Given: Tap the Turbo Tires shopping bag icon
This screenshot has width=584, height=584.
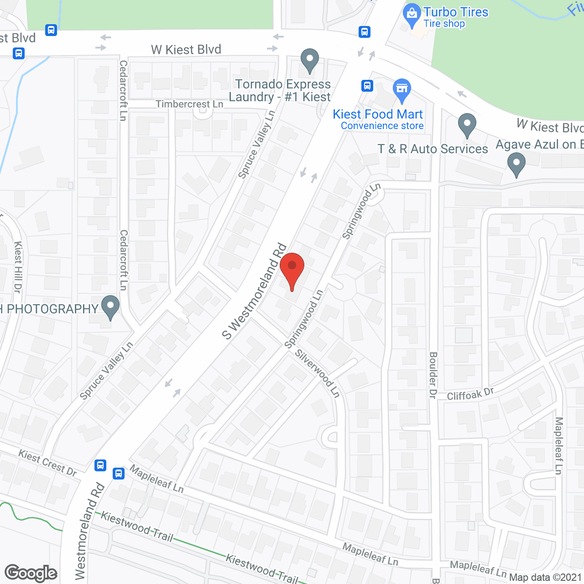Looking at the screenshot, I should coord(412,15).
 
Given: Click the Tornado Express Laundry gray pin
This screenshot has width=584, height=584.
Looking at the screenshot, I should coord(309,60).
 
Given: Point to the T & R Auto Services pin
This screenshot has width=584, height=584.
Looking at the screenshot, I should coord(467,125).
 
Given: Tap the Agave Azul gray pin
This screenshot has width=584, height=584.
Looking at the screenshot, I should coord(516,164).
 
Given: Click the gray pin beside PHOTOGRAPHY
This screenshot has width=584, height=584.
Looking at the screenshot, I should coord(110,307).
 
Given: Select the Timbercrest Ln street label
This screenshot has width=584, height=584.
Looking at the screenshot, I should coord(189,104).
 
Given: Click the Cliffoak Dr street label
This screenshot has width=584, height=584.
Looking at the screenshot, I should coord(470,394).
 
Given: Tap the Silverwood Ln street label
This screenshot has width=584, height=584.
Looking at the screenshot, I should coord(318,373).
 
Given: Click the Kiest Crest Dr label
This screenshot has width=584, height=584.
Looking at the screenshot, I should coord(47,463).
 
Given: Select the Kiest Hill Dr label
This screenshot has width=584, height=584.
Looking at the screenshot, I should coord(18,267).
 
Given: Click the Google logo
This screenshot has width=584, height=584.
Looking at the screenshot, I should coord(31,573).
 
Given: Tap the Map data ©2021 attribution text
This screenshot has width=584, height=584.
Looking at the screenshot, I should coord(546,578).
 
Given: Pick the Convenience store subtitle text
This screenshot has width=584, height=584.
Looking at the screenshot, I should coord(382,126).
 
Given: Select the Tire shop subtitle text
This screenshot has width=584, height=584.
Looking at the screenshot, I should coord(444,24).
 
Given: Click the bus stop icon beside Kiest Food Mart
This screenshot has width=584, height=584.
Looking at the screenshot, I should coord(367,85).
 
